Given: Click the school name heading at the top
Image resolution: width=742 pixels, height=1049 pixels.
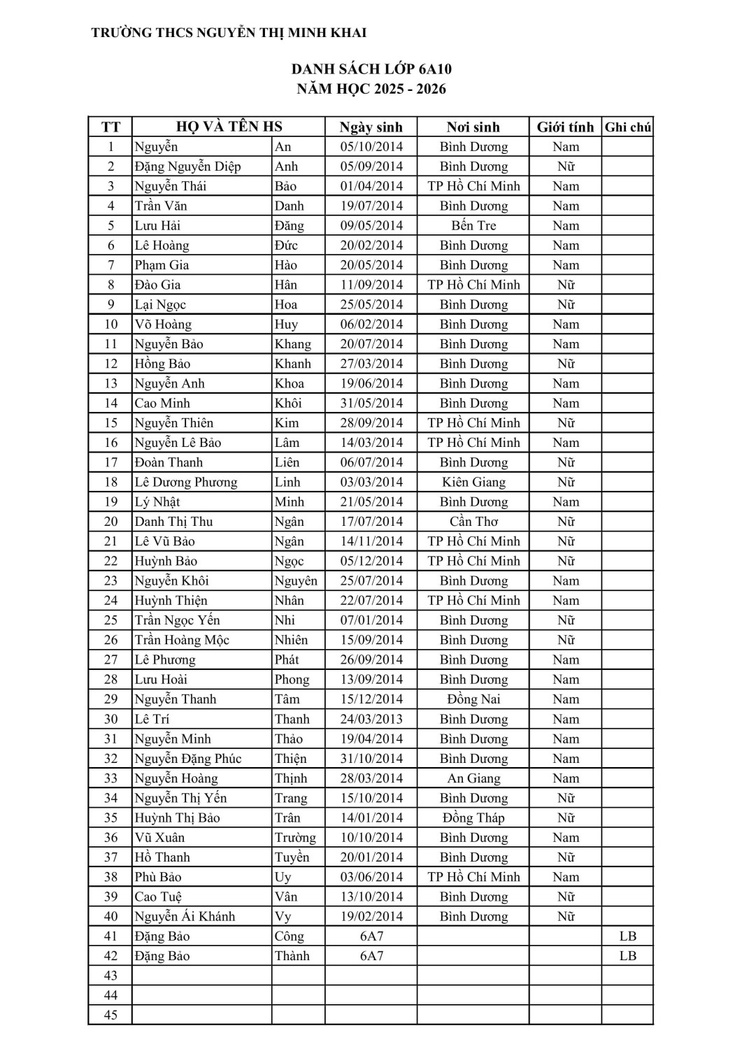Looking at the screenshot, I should click(x=229, y=33).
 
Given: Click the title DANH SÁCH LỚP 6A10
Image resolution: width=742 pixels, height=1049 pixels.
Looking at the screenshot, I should click(x=371, y=69).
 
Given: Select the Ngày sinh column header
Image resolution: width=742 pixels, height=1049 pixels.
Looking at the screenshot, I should click(x=371, y=127).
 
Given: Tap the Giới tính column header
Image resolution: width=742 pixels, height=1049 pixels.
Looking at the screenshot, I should click(x=565, y=127).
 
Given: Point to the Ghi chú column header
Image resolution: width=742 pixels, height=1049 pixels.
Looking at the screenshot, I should click(x=627, y=127).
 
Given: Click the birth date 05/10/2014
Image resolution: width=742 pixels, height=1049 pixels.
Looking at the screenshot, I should click(x=371, y=147).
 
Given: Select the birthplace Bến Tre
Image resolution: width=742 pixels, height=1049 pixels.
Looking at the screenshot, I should click(x=473, y=226).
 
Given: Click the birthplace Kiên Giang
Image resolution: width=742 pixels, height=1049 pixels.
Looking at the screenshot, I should click(x=473, y=483).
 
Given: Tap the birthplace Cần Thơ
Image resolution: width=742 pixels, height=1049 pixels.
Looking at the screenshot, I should click(x=473, y=522).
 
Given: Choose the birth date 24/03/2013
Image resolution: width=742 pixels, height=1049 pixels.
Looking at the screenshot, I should click(x=371, y=719).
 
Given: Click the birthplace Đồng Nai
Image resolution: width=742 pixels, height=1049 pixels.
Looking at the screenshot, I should click(x=473, y=699).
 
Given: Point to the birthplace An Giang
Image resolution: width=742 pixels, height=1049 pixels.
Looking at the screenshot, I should click(x=473, y=778).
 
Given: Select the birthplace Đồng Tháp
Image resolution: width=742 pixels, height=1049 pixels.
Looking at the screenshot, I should click(x=473, y=818).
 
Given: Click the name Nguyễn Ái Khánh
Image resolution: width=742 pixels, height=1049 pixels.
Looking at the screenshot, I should click(x=185, y=917).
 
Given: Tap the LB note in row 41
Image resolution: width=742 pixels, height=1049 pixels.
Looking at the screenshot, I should click(x=627, y=936).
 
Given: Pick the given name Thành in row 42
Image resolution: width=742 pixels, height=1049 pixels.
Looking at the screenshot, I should click(x=292, y=956).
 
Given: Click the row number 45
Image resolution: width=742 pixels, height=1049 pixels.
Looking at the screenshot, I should click(x=110, y=1015).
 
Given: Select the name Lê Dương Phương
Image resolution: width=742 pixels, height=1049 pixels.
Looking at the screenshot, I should click(x=186, y=483).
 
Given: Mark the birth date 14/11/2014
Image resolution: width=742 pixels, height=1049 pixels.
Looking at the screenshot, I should click(x=371, y=541).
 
